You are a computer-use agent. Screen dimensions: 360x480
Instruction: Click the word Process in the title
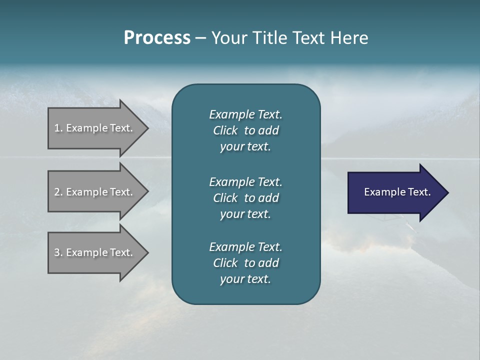pos(157,38)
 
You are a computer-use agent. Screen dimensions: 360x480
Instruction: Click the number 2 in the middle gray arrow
pos(57,192)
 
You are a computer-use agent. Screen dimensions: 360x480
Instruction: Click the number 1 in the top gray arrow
pos(57,128)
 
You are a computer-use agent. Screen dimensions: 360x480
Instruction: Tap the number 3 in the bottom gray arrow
pos(57,252)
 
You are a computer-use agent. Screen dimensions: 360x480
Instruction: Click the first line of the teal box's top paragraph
pos(245,114)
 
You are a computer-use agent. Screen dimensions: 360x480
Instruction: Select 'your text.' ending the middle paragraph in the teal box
pos(245,214)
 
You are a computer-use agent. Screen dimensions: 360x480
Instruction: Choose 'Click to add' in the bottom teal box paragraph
pos(245,263)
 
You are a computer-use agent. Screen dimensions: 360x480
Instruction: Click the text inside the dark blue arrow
pos(397,192)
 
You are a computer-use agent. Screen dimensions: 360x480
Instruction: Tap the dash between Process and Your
pos(200,38)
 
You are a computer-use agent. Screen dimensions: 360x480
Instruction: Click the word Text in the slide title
pos(306,38)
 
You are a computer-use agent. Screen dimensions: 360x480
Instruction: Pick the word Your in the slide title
pos(228,38)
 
